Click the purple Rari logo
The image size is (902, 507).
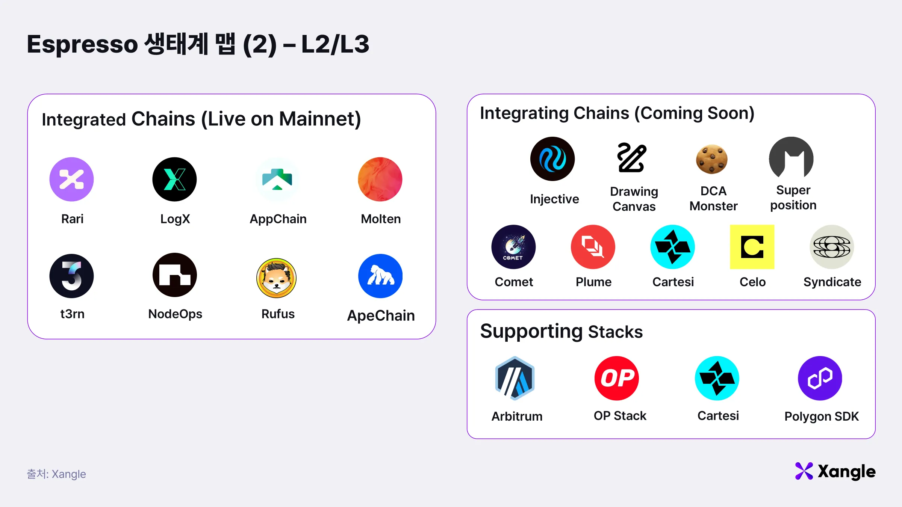pyautogui.click(x=71, y=179)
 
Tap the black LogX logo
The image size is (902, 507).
pyautogui.click(x=174, y=179)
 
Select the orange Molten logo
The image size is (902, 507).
pyautogui.click(x=380, y=179)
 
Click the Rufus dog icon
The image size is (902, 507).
pyautogui.click(x=277, y=278)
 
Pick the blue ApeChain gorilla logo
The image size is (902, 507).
pyautogui.click(x=380, y=276)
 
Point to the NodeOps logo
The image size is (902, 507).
pyautogui.click(x=175, y=275)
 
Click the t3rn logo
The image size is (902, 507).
pyautogui.click(x=71, y=276)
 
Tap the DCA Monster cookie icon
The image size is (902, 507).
pyautogui.click(x=712, y=159)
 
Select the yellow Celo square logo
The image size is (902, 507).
pyautogui.click(x=752, y=247)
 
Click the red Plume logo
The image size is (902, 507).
pyautogui.click(x=593, y=247)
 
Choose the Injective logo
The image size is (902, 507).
pyautogui.click(x=552, y=159)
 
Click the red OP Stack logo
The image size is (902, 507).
pyautogui.click(x=617, y=378)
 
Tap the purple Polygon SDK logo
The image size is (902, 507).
pyautogui.click(x=820, y=378)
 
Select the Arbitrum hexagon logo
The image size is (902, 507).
pyautogui.click(x=515, y=378)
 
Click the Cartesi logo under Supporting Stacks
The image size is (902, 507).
pyautogui.click(x=717, y=378)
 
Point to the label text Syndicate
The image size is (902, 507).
pyautogui.click(x=832, y=282)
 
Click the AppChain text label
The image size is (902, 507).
pyautogui.click(x=278, y=219)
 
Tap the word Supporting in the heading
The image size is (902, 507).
pyautogui.click(x=531, y=332)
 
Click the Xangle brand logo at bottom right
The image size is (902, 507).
pyautogui.click(x=835, y=471)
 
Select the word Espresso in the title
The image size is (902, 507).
pyautogui.click(x=83, y=44)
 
